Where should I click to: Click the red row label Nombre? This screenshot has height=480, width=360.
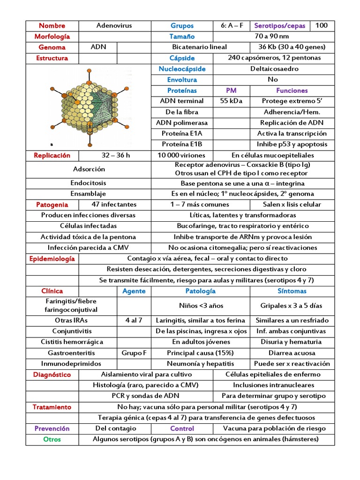click(x=52, y=26)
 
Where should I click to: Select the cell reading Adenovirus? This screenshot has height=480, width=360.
click(x=114, y=26)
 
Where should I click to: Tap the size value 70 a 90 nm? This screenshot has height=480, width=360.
click(x=272, y=37)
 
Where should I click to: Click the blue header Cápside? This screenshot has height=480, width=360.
click(x=182, y=58)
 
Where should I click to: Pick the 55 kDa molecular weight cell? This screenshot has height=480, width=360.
click(x=231, y=101)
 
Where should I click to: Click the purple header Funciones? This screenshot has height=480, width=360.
click(x=292, y=90)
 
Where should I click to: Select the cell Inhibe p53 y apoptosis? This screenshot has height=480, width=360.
click(x=292, y=144)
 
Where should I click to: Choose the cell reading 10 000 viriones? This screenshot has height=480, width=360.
click(x=182, y=156)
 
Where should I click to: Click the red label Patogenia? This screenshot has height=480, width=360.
click(x=52, y=205)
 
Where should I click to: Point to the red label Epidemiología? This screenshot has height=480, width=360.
click(x=52, y=259)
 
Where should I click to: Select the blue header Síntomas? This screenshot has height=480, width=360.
click(x=292, y=291)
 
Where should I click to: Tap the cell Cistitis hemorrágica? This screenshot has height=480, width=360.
click(x=71, y=342)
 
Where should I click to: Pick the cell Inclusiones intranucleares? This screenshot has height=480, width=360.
click(x=274, y=385)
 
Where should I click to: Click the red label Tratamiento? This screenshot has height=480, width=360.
click(x=52, y=407)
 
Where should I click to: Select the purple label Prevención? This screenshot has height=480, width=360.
click(x=52, y=428)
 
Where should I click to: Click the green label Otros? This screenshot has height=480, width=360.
click(x=52, y=440)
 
